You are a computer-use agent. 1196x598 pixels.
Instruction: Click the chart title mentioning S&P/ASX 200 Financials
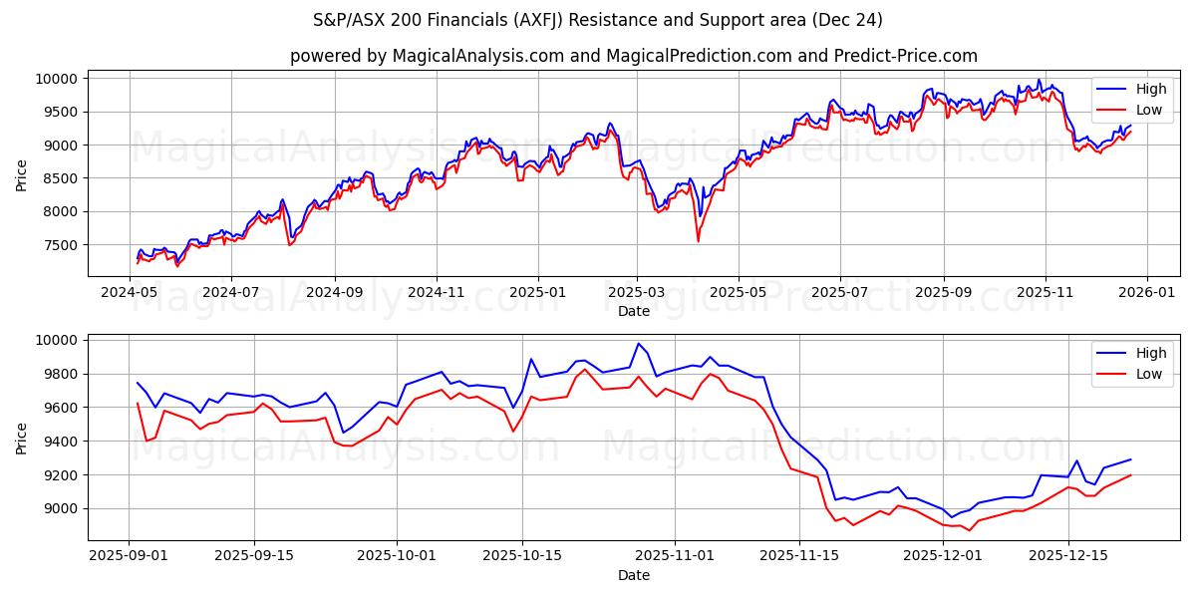(598, 20)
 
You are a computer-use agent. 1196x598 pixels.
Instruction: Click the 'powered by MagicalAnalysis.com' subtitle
(633, 56)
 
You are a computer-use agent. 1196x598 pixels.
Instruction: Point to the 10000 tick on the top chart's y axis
(58, 79)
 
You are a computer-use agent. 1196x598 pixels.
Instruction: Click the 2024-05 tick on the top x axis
(131, 292)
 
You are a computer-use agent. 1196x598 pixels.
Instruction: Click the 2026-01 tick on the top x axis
(1146, 292)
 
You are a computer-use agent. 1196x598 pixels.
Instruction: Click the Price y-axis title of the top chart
(22, 174)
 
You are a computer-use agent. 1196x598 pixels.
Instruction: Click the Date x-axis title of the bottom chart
(633, 576)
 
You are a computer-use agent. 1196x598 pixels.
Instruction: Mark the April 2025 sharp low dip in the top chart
(698, 240)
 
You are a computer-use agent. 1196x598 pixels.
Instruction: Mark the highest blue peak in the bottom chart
(638, 344)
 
